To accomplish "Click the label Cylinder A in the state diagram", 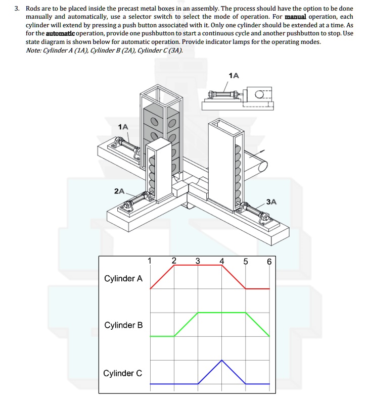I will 123,278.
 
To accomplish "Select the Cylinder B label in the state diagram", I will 123,325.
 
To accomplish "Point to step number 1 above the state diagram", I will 150,261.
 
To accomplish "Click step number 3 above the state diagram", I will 198,261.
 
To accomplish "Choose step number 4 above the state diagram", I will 222,261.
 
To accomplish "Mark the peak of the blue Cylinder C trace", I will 222,360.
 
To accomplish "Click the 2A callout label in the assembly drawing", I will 119,191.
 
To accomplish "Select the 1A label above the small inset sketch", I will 234,75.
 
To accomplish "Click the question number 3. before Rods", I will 17,9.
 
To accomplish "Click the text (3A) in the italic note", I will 175,50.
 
